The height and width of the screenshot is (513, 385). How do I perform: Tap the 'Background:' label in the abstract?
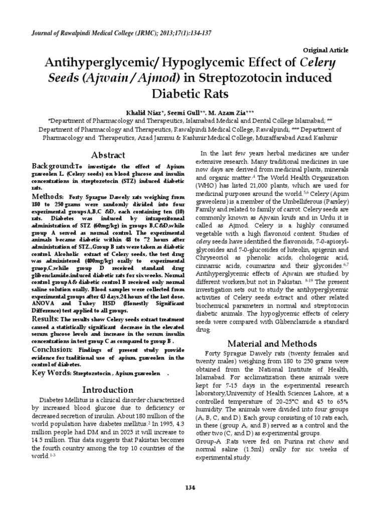[54, 166]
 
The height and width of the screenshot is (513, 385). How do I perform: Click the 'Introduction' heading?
[108, 390]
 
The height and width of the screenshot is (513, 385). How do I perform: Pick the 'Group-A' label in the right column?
[207, 441]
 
